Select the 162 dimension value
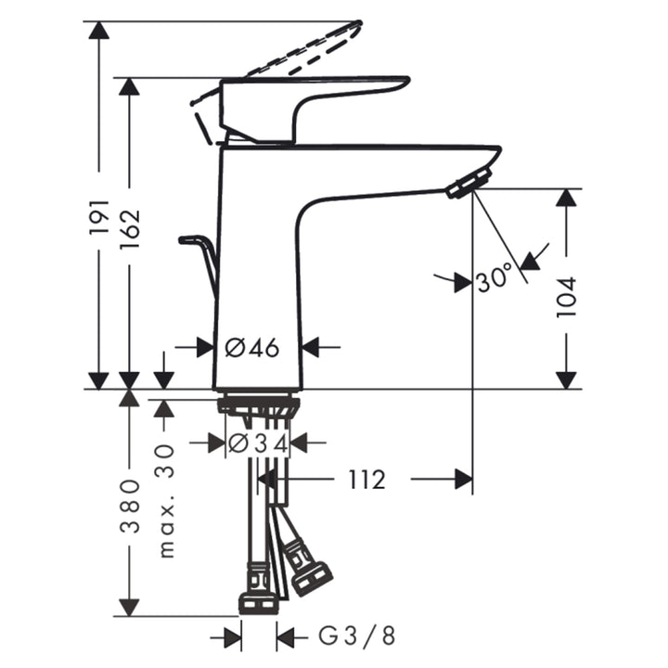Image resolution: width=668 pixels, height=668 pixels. [130, 228]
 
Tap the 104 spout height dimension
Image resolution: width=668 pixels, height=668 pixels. [566, 297]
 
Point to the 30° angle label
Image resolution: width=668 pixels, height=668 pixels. [495, 277]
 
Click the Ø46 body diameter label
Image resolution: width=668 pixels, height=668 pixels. [252, 348]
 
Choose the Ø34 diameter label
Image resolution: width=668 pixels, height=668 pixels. [258, 443]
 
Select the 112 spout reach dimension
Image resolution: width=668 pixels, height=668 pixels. [366, 480]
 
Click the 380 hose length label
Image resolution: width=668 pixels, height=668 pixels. [130, 506]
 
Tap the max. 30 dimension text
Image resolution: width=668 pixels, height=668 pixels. [167, 501]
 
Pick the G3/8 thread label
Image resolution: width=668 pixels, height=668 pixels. [357, 636]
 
